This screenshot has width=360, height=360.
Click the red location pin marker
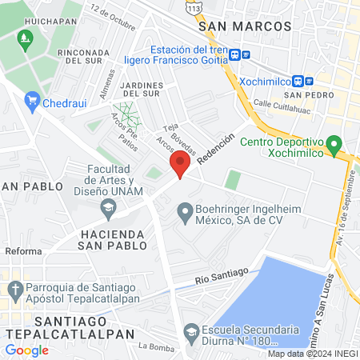click(180, 166)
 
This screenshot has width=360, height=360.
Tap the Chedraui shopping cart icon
click(32, 100)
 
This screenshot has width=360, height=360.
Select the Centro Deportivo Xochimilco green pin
click(336, 145)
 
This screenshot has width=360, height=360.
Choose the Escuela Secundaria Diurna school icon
click(191, 330)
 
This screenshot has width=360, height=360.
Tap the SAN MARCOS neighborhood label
click(244, 26)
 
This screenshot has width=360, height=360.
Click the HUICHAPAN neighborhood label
click(28, 14)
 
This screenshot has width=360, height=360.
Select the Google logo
click(27, 350)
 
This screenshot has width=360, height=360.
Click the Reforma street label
click(22, 251)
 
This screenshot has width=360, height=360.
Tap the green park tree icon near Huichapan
click(25, 38)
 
